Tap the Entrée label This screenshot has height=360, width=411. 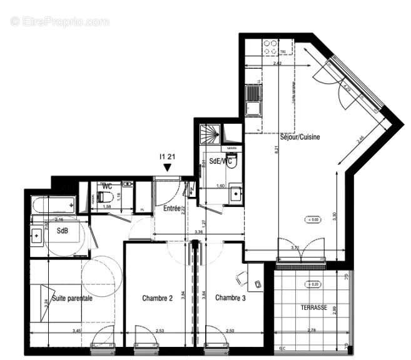click(172, 208)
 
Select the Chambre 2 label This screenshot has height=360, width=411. click(157, 297)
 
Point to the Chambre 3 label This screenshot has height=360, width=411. click(230, 297)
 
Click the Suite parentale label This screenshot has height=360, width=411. click(72, 298)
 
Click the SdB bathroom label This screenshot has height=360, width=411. click(63, 231)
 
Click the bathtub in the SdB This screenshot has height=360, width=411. click(53, 205)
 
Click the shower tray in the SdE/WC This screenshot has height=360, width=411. click(210, 134)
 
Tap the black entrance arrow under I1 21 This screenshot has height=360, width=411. click(166, 168)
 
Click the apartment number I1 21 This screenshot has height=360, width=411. click(167, 157)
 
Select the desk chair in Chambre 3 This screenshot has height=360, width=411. click(241, 277)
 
